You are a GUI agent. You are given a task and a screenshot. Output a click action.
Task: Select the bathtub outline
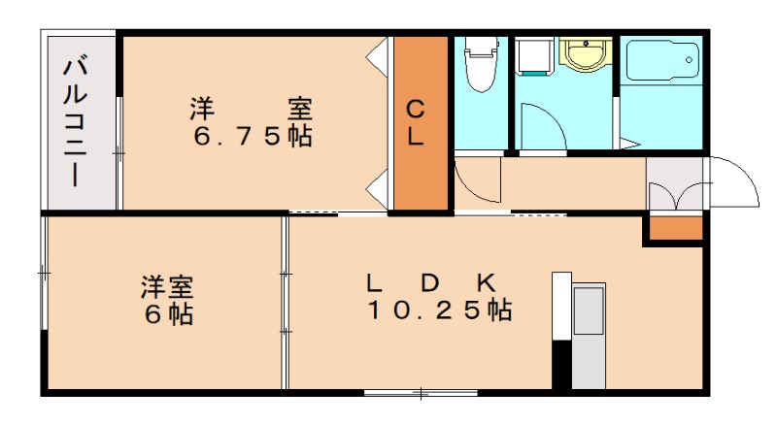(x=660, y=62)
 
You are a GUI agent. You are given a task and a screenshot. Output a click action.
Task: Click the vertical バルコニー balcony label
(x=76, y=121)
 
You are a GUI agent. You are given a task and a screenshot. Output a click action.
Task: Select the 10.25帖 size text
(x=439, y=311)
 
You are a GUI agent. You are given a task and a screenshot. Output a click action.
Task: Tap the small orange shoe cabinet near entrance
(x=675, y=229)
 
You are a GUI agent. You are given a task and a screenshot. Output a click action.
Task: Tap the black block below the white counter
(x=561, y=365)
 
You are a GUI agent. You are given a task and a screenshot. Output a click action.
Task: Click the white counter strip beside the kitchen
(x=561, y=305)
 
